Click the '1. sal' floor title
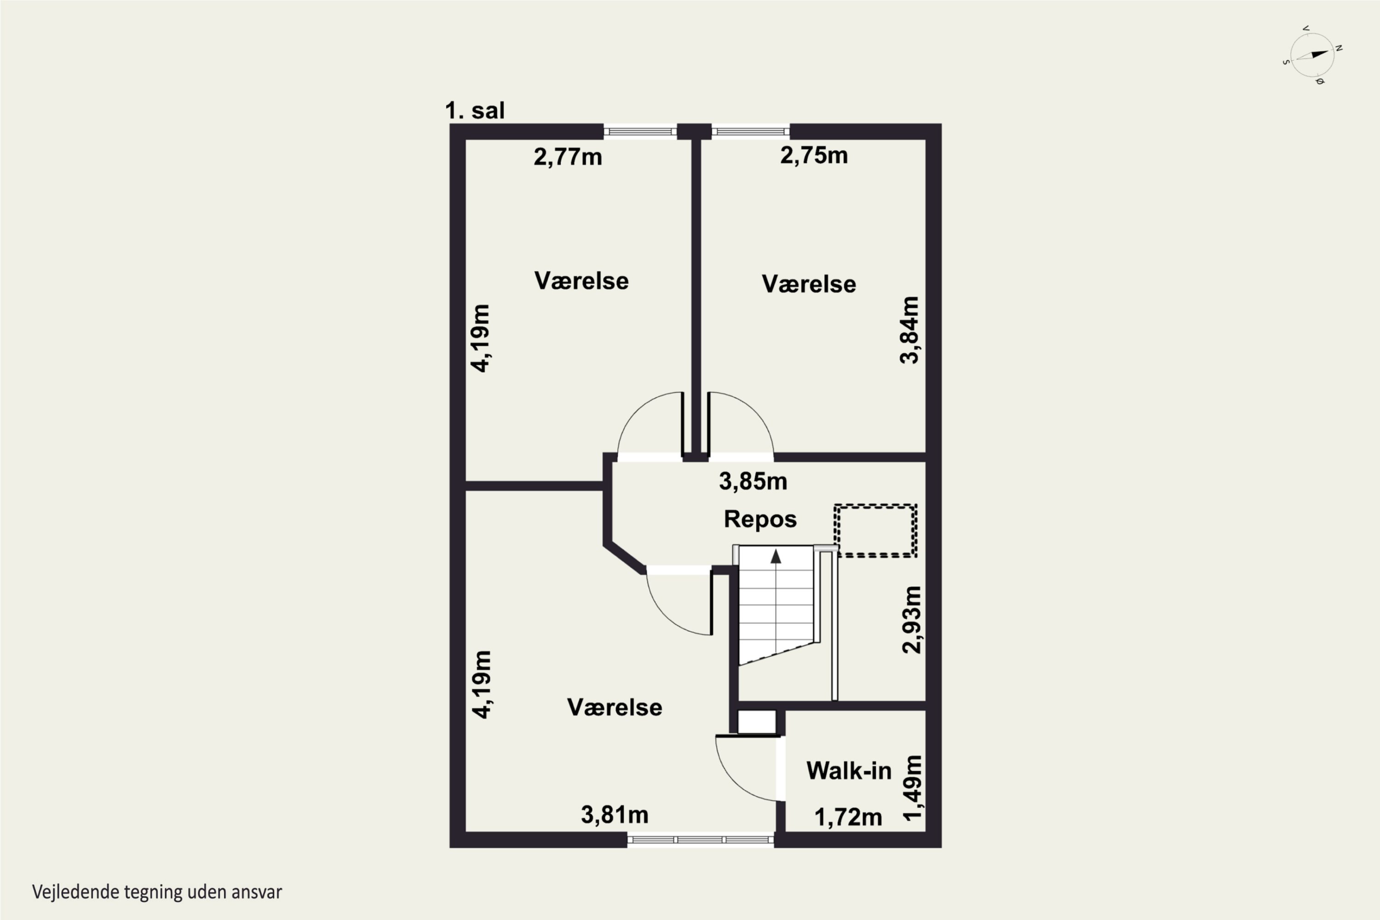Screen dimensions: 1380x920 click(475, 110)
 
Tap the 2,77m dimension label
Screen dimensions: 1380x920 click(567, 157)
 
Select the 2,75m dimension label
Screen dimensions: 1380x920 click(814, 155)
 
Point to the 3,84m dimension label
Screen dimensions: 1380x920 click(909, 330)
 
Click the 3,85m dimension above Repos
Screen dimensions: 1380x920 click(753, 482)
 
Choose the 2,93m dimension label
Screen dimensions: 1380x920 click(911, 620)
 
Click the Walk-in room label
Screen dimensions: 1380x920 click(848, 770)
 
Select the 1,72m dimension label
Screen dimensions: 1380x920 click(848, 817)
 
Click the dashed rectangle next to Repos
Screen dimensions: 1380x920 click(875, 530)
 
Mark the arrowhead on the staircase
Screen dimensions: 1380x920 click(776, 556)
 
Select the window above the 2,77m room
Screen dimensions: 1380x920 click(640, 132)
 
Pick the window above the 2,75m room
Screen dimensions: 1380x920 click(750, 132)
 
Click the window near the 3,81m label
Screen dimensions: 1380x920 click(701, 839)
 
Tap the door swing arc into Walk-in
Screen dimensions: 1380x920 click(733, 779)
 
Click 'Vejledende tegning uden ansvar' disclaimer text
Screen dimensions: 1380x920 click(157, 892)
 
